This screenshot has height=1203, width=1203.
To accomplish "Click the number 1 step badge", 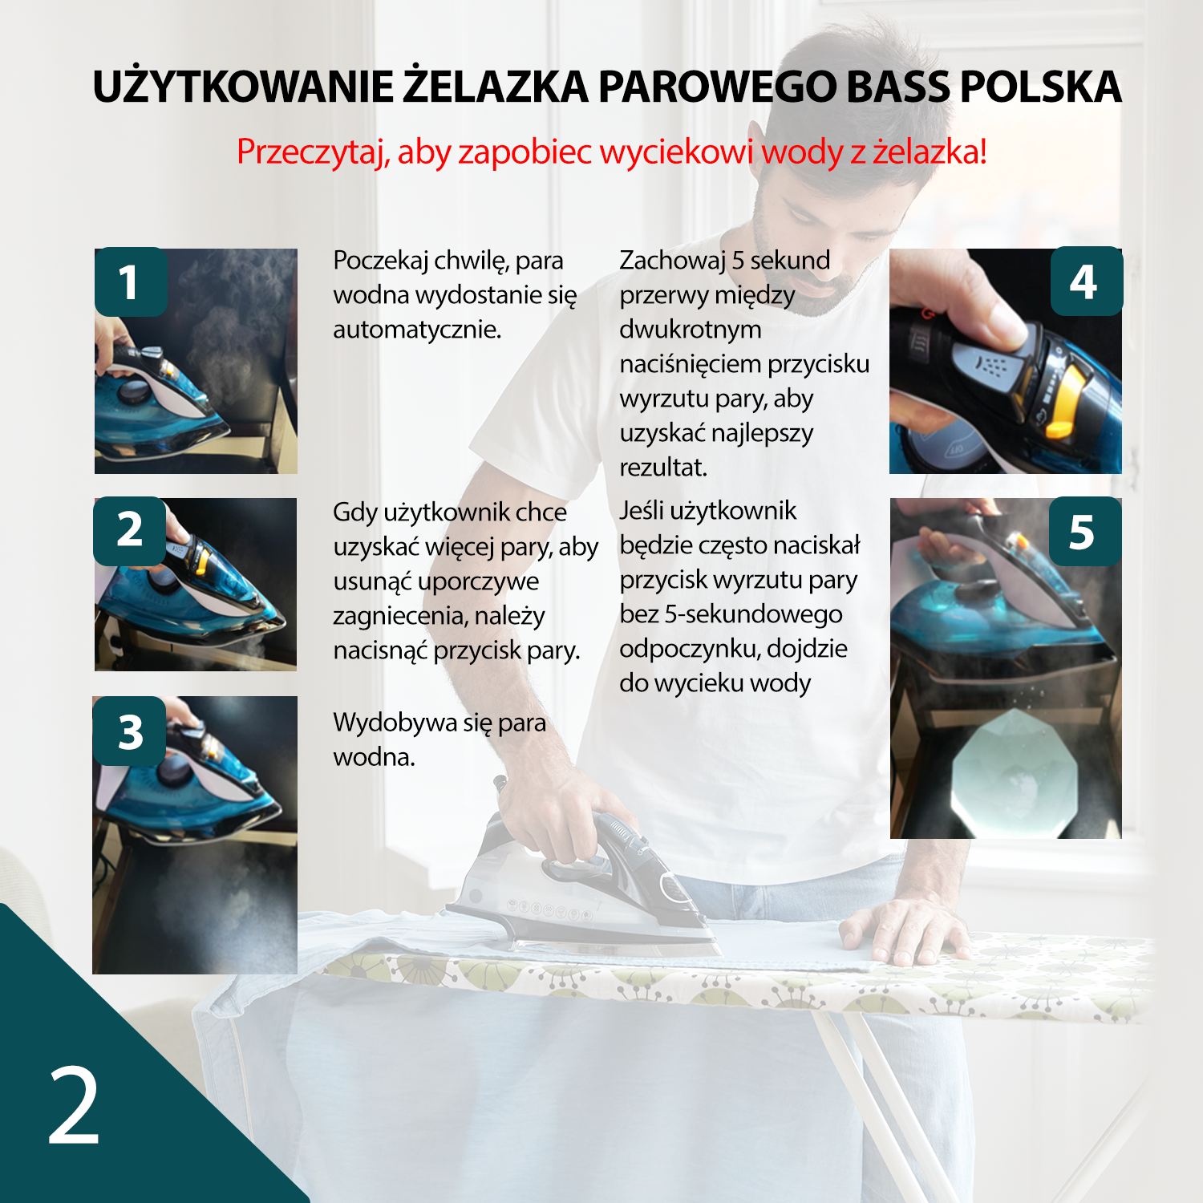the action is [131, 282].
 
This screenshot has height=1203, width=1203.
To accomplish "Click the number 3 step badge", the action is [129, 731].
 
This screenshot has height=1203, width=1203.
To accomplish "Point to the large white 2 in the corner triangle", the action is [74, 1106].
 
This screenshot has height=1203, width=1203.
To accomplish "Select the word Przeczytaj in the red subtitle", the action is [313, 152].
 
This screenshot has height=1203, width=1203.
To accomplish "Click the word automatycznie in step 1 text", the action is [417, 330].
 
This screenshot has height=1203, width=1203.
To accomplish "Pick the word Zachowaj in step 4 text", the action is [672, 261].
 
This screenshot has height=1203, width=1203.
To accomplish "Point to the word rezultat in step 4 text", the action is [663, 467].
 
